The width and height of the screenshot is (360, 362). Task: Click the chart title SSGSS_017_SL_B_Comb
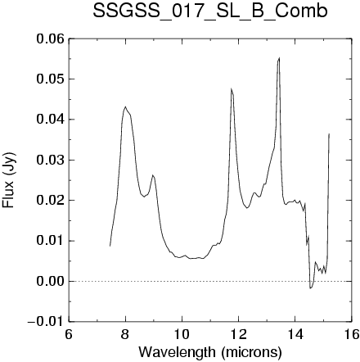[210, 12]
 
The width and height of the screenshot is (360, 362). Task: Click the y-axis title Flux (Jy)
[8, 180]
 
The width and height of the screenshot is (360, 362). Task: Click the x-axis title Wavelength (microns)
[210, 352]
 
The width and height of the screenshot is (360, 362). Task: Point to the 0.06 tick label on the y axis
[51, 39]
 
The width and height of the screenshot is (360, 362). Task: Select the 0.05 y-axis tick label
[51, 79]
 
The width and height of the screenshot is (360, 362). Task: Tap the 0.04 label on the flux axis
[51, 120]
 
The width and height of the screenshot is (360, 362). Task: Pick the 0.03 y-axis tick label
[51, 160]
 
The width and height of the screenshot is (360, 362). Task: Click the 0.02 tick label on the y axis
[51, 201]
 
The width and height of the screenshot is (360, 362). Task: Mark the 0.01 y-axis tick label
[51, 241]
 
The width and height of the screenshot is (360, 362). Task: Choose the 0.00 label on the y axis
[51, 281]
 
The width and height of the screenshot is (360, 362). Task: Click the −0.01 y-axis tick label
[46, 322]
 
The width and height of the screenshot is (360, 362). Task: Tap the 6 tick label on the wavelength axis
[69, 334]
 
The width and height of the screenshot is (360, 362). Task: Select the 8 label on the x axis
[125, 334]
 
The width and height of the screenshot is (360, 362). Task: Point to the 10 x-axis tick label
[182, 334]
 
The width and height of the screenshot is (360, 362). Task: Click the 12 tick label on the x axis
[239, 334]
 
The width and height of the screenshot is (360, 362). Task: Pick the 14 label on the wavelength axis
[295, 334]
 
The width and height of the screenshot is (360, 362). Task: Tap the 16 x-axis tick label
[352, 334]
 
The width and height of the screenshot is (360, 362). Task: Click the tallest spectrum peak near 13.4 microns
[279, 58]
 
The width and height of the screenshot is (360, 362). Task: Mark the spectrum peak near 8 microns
[125, 106]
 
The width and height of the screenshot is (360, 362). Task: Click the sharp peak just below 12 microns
[232, 88]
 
